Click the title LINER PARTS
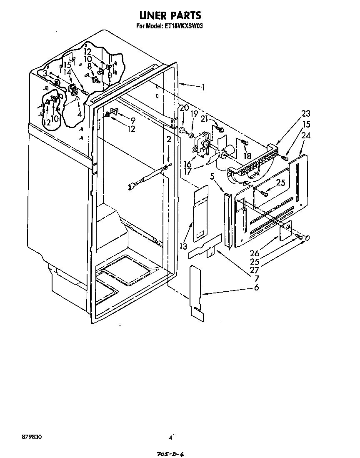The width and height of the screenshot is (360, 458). [170, 16]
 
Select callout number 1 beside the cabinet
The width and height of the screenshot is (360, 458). [203, 88]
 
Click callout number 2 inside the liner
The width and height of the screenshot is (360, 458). [168, 139]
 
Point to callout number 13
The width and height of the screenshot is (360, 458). [184, 247]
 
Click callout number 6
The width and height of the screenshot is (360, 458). [256, 288]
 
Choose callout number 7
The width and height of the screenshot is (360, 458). [256, 278]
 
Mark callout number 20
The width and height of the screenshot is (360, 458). [184, 108]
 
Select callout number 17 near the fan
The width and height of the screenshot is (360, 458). [188, 171]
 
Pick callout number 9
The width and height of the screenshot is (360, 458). [132, 120]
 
